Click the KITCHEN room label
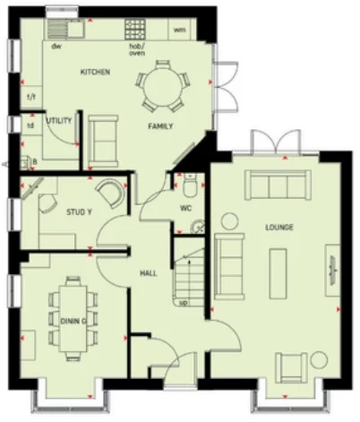click(x=95, y=72)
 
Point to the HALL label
click(x=149, y=272)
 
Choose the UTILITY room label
click(x=59, y=118)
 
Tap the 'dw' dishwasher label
click(x=56, y=44)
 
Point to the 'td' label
click(x=30, y=125)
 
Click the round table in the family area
click(x=161, y=84)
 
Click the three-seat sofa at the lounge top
click(x=279, y=185)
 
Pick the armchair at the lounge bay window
click(x=292, y=366)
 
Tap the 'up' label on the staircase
click(x=184, y=302)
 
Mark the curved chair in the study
click(x=110, y=195)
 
